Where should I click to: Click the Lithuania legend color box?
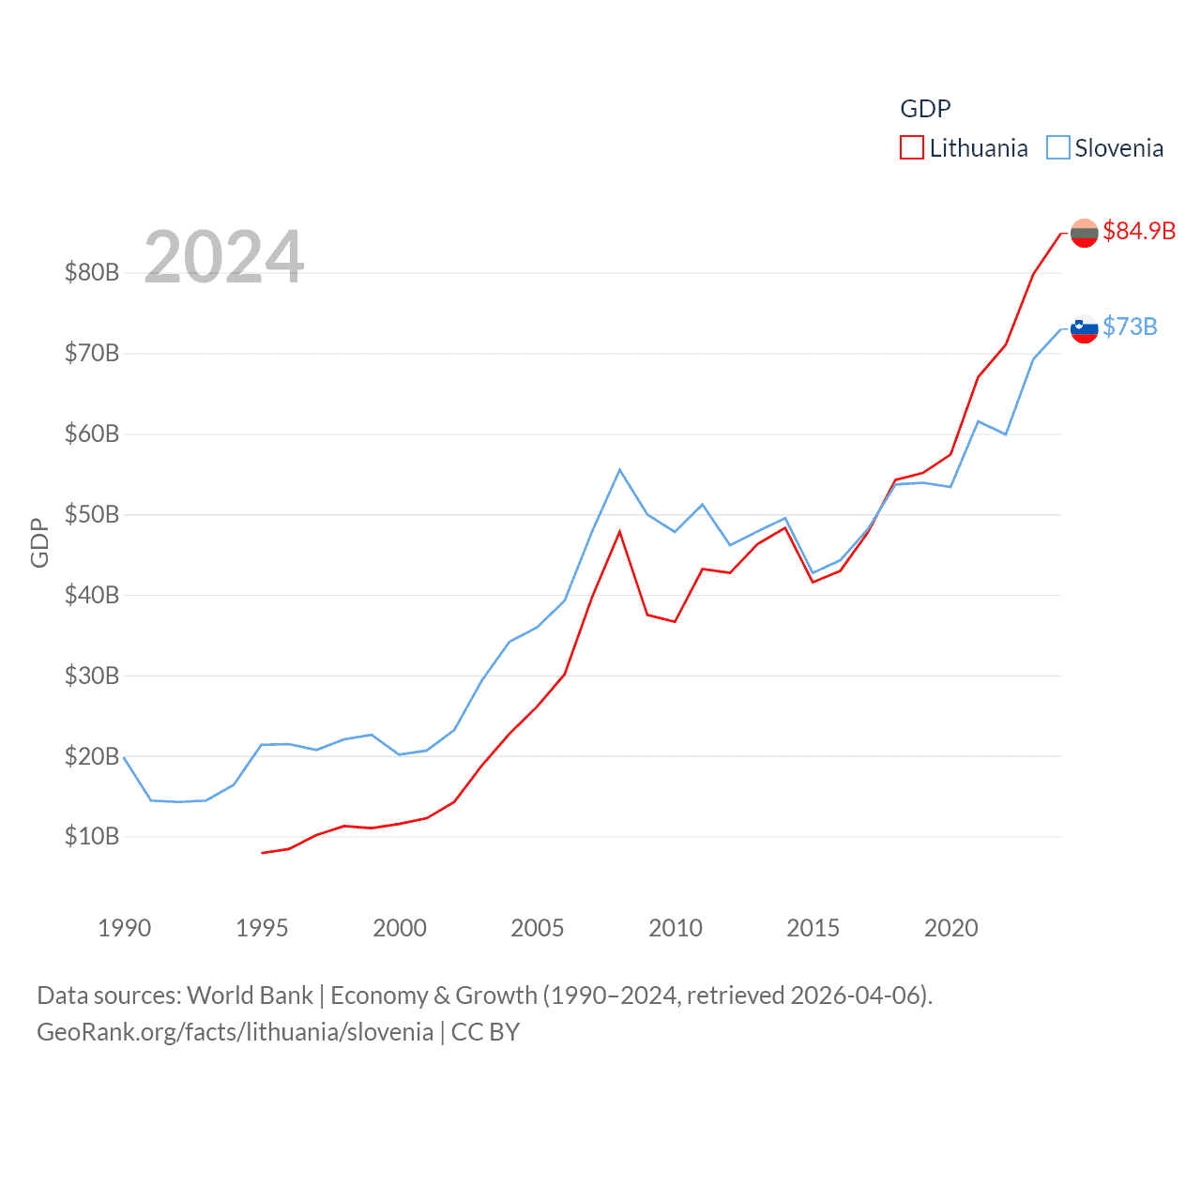click(911, 148)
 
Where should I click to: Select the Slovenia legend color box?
click(1057, 148)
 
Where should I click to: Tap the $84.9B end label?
click(1139, 231)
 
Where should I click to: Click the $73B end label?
click(1130, 327)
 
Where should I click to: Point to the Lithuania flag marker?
click(1084, 233)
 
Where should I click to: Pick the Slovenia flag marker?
click(1084, 328)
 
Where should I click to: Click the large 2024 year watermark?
click(223, 256)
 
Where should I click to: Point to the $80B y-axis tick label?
click(92, 273)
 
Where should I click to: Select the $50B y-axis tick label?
click(92, 514)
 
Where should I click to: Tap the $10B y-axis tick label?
click(92, 836)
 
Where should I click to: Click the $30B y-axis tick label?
click(92, 676)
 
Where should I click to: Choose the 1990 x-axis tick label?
click(125, 928)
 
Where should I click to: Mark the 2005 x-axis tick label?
click(538, 928)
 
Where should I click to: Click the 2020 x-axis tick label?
click(951, 928)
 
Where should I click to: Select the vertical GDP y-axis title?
click(39, 542)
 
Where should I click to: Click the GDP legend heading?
click(925, 109)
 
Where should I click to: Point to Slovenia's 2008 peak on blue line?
click(619, 469)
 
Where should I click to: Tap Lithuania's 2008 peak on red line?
click(619, 531)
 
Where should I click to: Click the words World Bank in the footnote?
click(250, 995)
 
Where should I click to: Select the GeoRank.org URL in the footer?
click(235, 1032)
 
